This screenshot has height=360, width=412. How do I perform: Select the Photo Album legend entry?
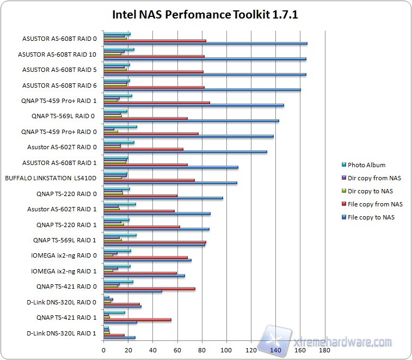point(366,165)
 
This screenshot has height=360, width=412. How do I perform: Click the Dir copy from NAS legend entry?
point(374,178)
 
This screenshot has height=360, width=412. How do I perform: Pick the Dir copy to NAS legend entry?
point(370,191)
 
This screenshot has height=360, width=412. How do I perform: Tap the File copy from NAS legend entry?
point(375,204)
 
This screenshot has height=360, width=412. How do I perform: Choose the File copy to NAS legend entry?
point(371,217)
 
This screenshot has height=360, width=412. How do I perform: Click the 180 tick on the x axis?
point(325,350)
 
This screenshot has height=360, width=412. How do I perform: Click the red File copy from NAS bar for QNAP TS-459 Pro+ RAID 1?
point(157,102)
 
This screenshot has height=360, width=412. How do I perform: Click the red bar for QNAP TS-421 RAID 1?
point(137,320)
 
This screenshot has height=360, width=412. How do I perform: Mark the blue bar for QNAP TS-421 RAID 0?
point(133,291)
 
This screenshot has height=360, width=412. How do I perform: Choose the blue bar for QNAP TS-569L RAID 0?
point(191,120)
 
